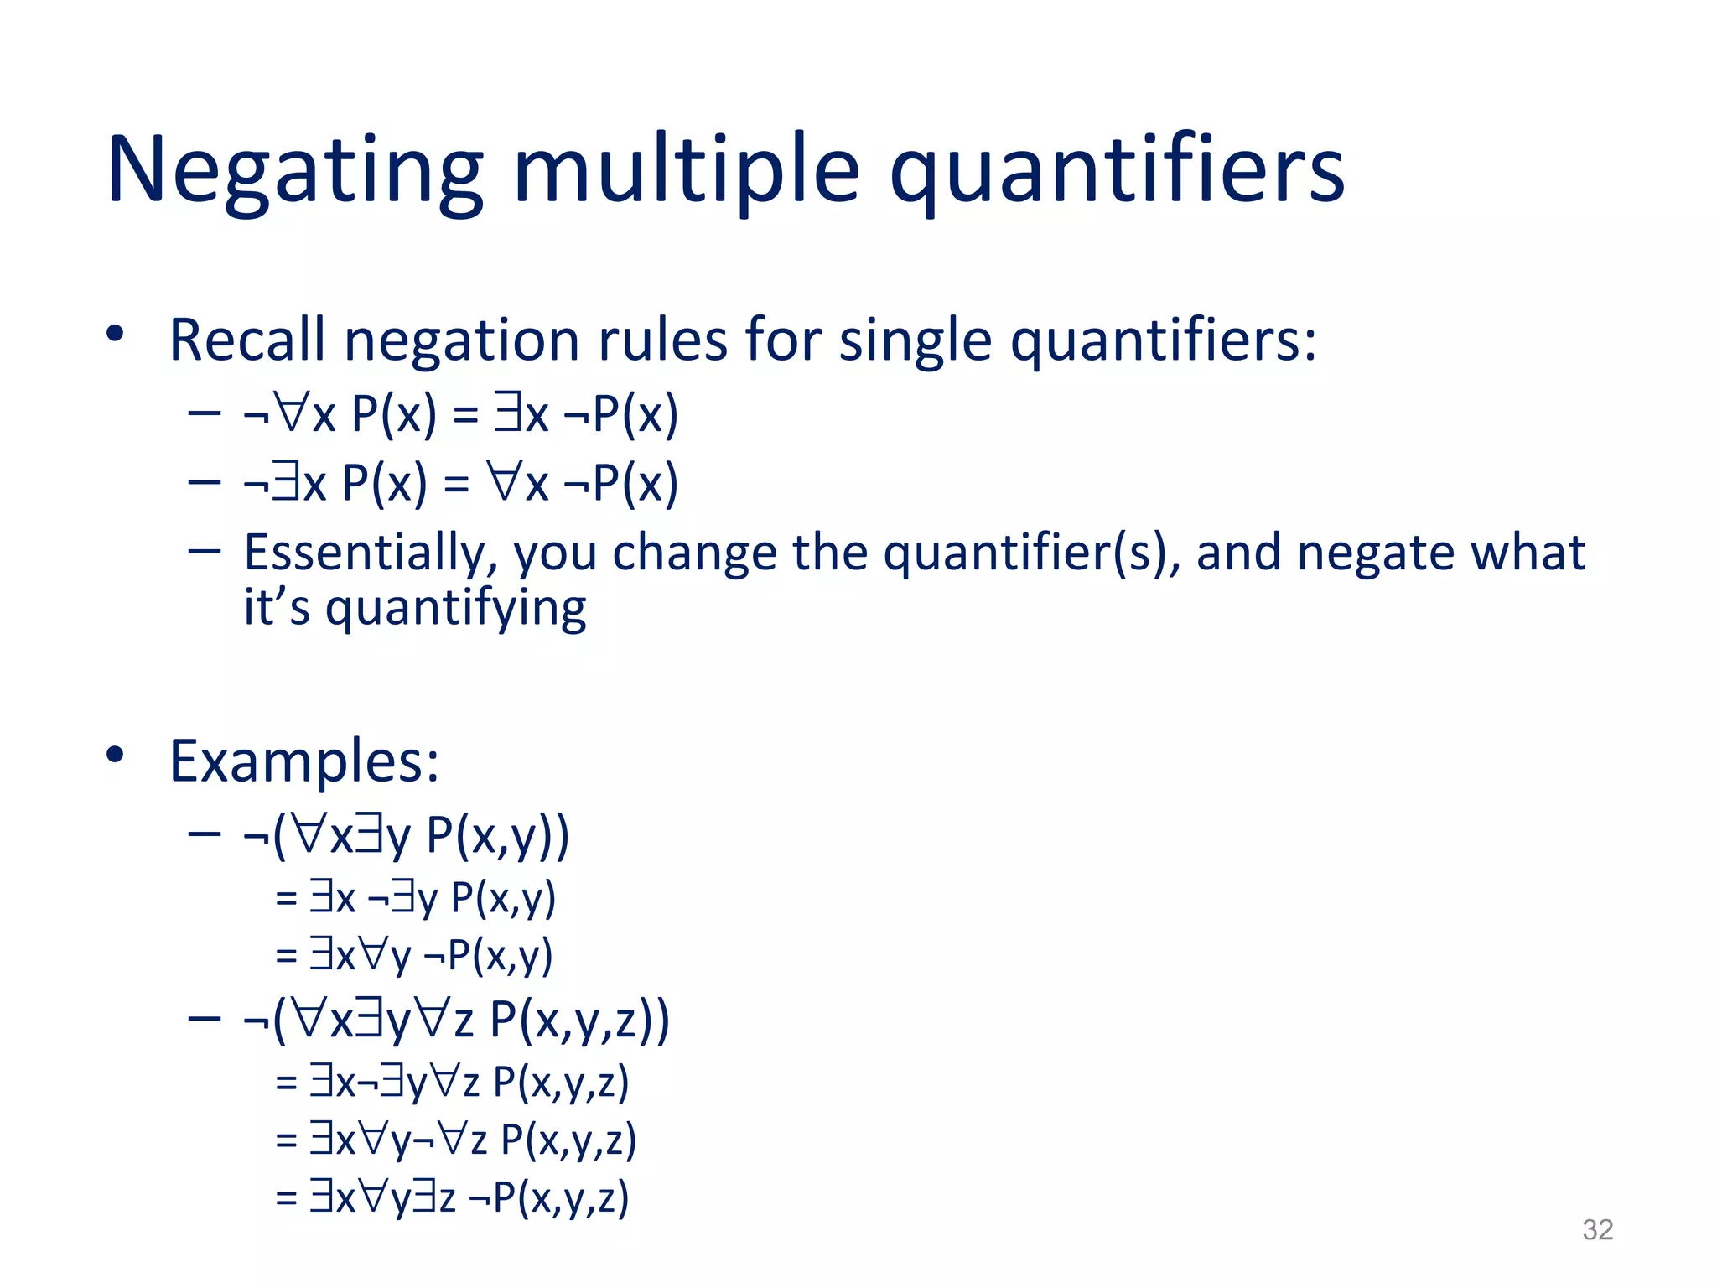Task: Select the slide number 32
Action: pyautogui.click(x=1597, y=1229)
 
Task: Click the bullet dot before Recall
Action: pyautogui.click(x=115, y=335)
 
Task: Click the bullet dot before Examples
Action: pyautogui.click(x=115, y=755)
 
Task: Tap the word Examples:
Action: pyautogui.click(x=303, y=761)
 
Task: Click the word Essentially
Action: pyautogui.click(x=370, y=553)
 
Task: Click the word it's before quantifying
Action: pyautogui.click(x=276, y=608)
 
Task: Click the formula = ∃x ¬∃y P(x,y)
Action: pyautogui.click(x=415, y=898)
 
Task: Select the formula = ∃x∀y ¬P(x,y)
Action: pyautogui.click(x=414, y=955)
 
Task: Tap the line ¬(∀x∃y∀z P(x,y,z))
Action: pyautogui.click(x=456, y=1021)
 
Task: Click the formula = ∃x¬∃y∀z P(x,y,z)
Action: pyautogui.click(x=452, y=1083)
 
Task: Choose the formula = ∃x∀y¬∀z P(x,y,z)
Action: pyautogui.click(x=456, y=1140)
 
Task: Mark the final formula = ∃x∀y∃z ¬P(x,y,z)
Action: pyautogui.click(x=452, y=1197)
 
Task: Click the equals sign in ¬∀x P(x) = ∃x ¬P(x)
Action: pyautogui.click(x=465, y=415)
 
